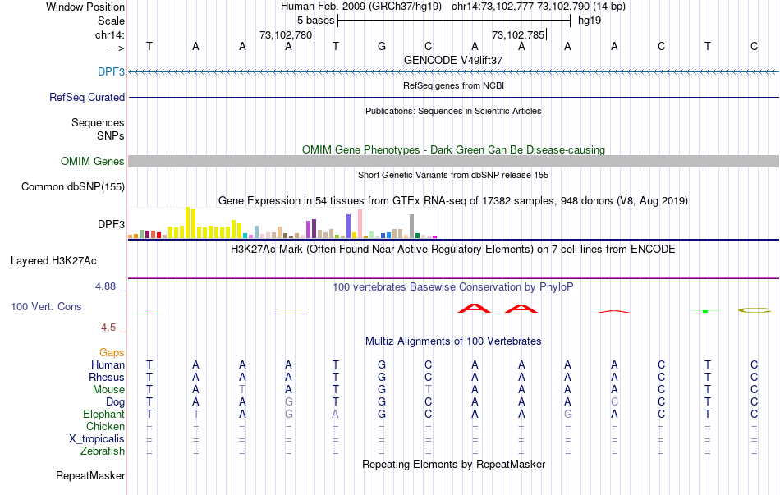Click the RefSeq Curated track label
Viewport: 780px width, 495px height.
(87, 97)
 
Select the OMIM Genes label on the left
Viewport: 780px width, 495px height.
(93, 162)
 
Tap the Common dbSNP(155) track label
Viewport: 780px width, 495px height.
(73, 186)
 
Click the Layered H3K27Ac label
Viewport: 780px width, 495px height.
(53, 261)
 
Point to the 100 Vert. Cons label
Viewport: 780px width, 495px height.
(46, 306)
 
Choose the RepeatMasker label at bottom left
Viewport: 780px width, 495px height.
(90, 475)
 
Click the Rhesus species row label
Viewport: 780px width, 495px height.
(107, 377)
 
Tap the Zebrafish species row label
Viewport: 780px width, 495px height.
(103, 451)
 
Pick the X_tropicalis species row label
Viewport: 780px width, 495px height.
(97, 438)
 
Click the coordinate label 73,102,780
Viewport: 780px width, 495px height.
(286, 35)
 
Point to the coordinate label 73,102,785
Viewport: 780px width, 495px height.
(518, 35)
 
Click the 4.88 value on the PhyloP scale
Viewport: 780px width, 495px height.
(107, 286)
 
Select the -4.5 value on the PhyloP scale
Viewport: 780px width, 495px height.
(107, 328)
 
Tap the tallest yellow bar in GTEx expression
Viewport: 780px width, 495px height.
(188, 222)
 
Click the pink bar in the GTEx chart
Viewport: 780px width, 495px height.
(360, 223)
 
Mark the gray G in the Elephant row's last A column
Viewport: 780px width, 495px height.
(567, 414)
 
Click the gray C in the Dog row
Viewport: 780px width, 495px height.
(614, 401)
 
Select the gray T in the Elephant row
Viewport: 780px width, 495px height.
(195, 414)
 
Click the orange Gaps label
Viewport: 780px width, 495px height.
(112, 352)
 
